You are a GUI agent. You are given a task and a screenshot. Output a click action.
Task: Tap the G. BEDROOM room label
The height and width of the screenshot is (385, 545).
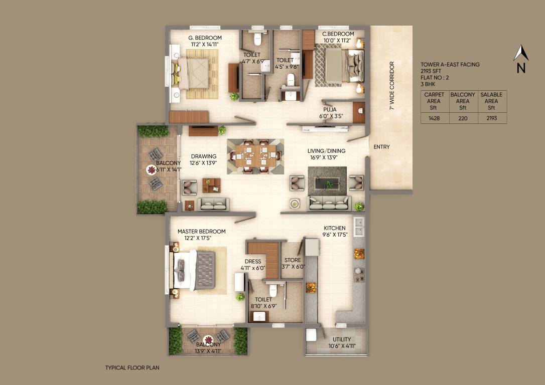coord(205,38)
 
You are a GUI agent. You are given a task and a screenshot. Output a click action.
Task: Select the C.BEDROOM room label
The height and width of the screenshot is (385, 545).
coord(338,34)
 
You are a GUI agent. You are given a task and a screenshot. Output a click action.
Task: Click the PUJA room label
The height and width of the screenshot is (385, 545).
coord(330,109)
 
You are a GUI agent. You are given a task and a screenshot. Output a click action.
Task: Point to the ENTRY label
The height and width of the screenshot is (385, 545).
coord(381,147)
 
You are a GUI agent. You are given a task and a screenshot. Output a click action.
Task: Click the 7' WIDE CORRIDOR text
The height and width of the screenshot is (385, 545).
coord(392,86)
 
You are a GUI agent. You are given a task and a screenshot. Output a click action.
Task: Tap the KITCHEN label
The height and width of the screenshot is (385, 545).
coord(334,228)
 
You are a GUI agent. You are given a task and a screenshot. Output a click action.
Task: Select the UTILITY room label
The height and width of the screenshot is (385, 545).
coord(342,339)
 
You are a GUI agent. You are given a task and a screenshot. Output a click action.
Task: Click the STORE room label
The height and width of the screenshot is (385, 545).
coord(293,260)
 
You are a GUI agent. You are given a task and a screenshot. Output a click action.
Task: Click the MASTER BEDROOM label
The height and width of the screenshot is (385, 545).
coord(201,232)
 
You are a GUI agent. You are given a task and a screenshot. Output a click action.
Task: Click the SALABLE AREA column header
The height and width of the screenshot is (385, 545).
coord(491,101)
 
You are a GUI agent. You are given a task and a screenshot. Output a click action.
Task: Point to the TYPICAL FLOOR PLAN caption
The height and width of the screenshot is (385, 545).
coord(132,367)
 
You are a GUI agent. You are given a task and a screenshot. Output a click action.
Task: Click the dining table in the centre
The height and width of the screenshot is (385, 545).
coord(255,156)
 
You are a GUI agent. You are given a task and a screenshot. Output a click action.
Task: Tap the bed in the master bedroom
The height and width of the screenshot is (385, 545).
coord(195,269)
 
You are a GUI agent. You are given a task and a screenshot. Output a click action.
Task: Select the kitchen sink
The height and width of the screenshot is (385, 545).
coord(359,227)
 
